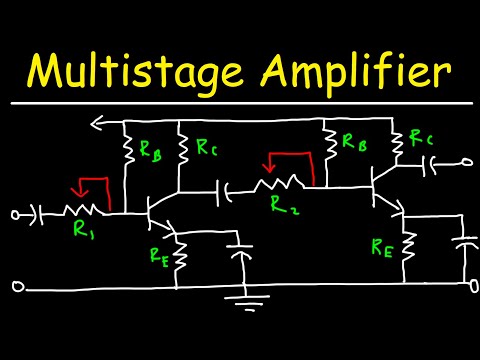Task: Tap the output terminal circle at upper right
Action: tap(465, 159)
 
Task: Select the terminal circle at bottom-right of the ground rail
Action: tap(470, 286)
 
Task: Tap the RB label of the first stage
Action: tap(150, 153)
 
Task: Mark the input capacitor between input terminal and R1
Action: tap(41, 213)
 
